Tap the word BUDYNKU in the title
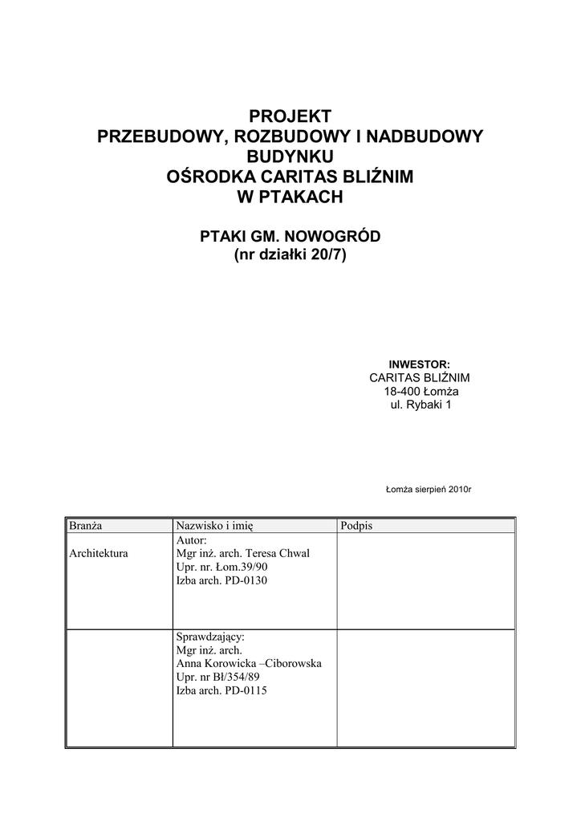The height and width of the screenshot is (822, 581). point(290,156)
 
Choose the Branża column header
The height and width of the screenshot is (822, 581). point(85,526)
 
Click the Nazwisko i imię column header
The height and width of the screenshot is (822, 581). point(214,526)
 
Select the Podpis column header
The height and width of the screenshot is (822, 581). point(356,526)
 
